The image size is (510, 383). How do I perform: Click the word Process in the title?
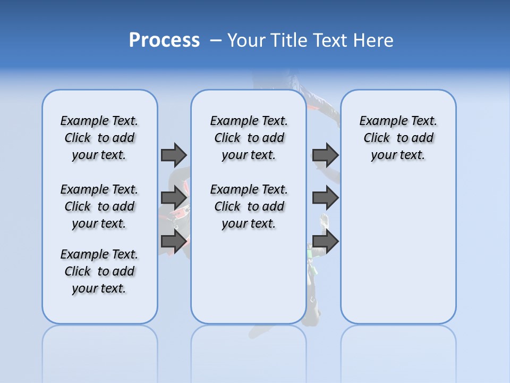164,40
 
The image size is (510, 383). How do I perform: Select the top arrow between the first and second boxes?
174,155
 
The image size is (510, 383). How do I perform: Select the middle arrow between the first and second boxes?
174,198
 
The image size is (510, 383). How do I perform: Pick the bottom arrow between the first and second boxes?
174,242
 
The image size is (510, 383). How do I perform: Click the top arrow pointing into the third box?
325,155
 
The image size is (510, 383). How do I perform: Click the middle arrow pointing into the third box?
325,198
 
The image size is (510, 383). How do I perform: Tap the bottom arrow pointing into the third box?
325,242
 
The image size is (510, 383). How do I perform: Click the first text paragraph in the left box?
99,138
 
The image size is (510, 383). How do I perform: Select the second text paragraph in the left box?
99,206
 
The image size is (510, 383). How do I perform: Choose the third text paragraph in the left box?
99,271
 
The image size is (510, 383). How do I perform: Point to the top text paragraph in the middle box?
249,138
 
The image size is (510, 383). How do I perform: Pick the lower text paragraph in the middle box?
249,206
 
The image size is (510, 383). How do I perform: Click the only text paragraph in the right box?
398,138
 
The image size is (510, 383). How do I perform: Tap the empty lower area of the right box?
398,250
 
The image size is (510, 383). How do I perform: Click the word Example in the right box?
380,121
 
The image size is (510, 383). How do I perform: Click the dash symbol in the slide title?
216,40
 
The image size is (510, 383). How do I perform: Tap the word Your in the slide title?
247,40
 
